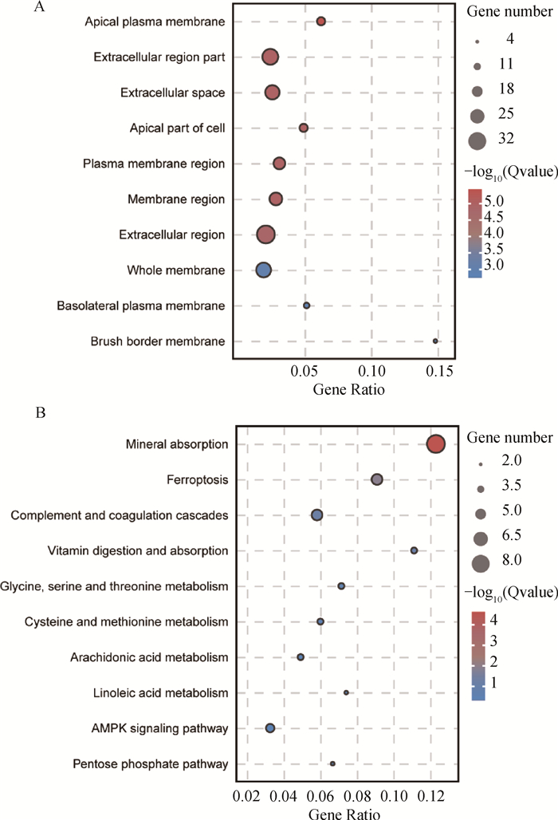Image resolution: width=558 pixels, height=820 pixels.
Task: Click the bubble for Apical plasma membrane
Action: [x=320, y=21]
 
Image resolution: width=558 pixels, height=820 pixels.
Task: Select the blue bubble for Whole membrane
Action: [x=263, y=270]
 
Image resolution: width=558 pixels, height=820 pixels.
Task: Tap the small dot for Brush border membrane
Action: [x=435, y=341]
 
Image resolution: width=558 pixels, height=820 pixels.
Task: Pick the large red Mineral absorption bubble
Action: [x=435, y=444]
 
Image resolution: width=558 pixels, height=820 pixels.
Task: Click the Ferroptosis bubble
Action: [x=377, y=479]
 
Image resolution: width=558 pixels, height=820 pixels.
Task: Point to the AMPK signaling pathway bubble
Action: [x=270, y=728]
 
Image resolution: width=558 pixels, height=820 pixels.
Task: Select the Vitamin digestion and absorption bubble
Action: [x=414, y=550]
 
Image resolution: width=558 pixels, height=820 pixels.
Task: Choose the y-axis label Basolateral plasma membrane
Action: [x=140, y=306]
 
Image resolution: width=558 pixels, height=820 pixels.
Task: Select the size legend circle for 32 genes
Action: [x=477, y=141]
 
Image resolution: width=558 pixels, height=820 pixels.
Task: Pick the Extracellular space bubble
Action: [x=272, y=93]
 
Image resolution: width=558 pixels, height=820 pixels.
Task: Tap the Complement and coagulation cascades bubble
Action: [x=316, y=515]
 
